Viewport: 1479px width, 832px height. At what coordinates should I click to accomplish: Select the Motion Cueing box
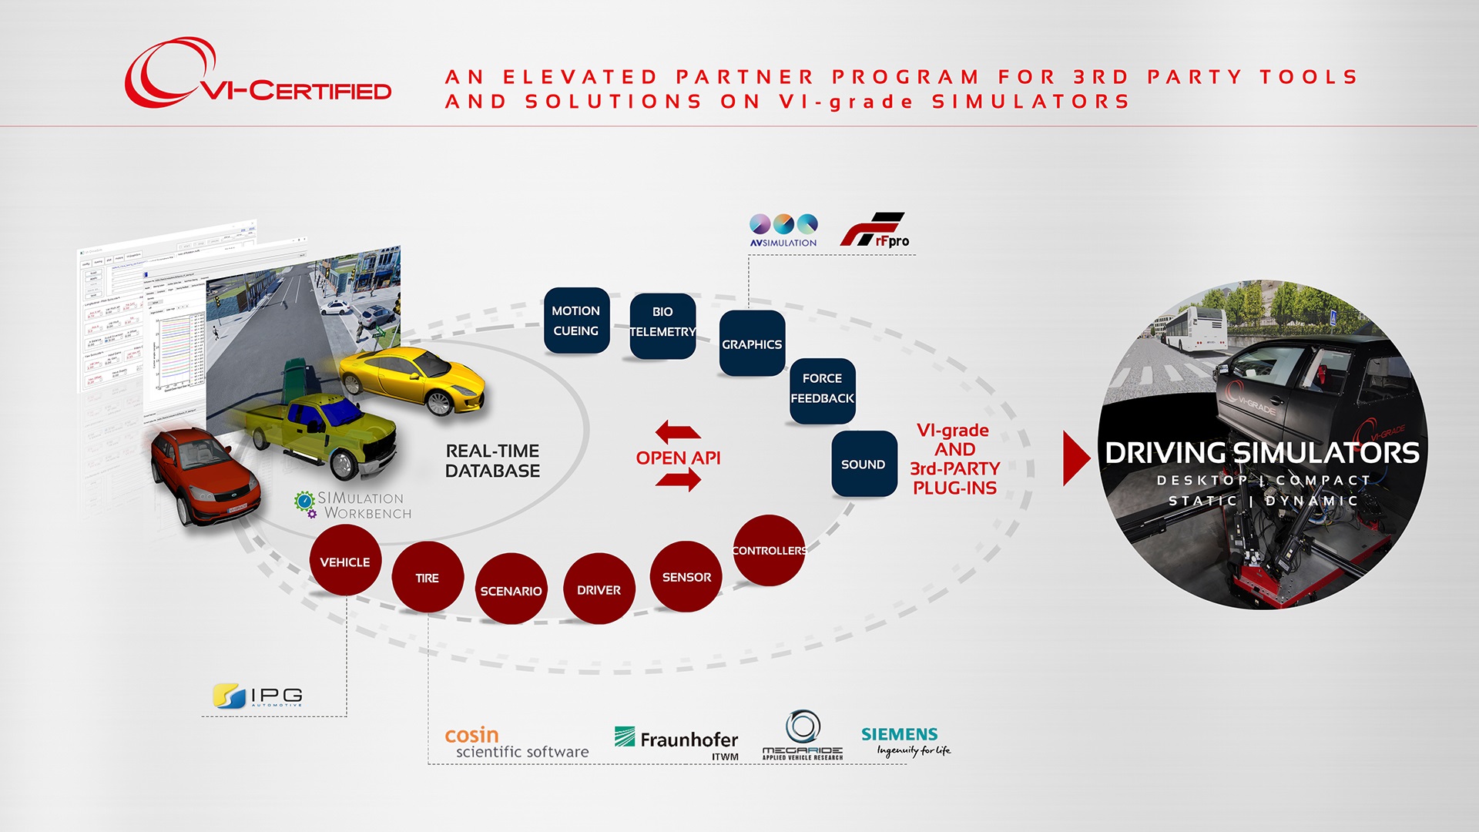coord(576,320)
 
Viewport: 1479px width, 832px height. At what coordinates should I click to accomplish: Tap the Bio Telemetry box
coord(662,325)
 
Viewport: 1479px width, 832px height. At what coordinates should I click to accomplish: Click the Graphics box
coord(752,344)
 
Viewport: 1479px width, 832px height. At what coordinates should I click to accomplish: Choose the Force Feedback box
coord(822,390)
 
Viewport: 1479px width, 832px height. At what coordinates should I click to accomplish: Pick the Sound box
coord(864,464)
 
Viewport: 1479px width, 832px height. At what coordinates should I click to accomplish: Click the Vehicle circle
coord(345,561)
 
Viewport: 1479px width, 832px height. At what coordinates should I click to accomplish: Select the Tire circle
coord(428,577)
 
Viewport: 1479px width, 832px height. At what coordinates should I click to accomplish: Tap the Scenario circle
coord(511,589)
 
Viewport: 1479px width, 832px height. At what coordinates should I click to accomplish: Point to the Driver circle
coord(599,589)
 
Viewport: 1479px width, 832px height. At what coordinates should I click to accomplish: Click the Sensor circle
coord(686,576)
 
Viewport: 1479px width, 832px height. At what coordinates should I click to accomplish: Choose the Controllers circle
coord(769,550)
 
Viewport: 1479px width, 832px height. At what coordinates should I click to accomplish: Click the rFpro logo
coord(874,230)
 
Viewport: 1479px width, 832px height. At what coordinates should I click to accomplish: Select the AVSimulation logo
coord(783,230)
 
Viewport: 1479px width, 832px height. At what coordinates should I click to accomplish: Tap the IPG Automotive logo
coord(258,696)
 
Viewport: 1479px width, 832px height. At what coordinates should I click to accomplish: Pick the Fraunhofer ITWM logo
coord(677,742)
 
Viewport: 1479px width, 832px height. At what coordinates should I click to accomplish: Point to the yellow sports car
coord(412,380)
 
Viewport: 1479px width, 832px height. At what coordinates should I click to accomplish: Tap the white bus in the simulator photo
coord(1194,329)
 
